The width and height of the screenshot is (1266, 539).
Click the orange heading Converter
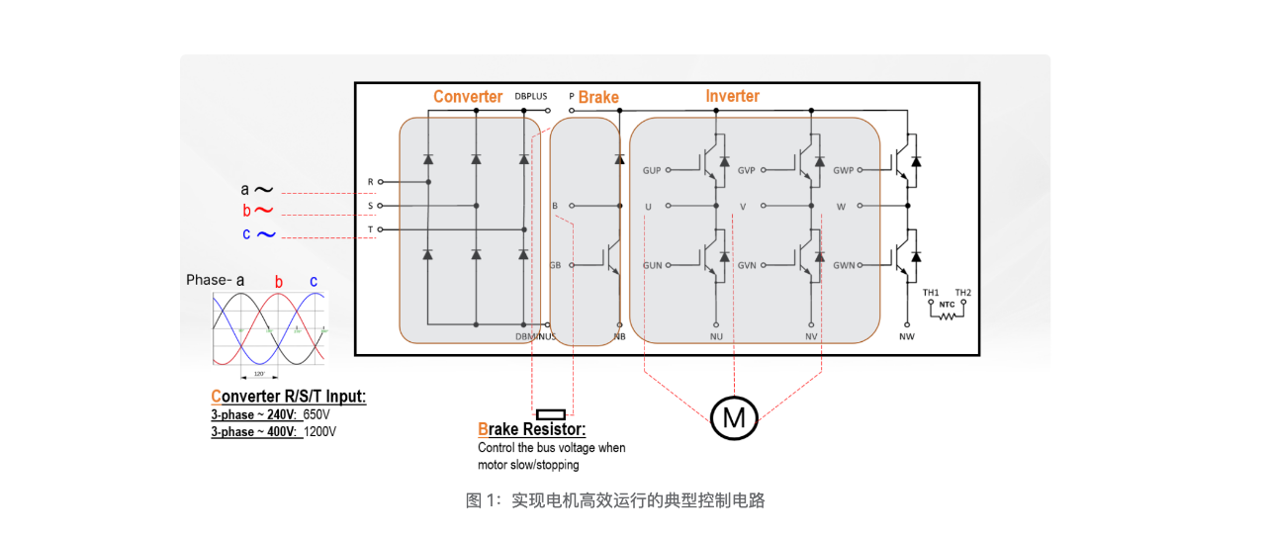click(x=468, y=97)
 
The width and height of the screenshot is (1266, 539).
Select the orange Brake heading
click(x=598, y=97)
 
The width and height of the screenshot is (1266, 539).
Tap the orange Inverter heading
click(x=732, y=96)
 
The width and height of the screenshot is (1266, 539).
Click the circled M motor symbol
click(x=734, y=417)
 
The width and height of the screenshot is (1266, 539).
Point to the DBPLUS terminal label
click(x=530, y=96)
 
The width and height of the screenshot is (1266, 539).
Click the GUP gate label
click(x=652, y=170)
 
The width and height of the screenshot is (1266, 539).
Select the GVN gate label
click(x=747, y=265)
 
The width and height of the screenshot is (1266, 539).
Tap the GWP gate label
click(x=844, y=170)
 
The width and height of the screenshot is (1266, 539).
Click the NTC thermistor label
click(x=947, y=304)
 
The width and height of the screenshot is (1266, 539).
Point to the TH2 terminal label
click(x=962, y=293)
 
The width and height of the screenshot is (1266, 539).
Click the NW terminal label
click(x=906, y=336)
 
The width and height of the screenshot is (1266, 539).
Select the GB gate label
click(x=555, y=265)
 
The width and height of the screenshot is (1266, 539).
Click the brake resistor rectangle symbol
click(x=550, y=413)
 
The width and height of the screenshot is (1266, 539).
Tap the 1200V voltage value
click(x=319, y=432)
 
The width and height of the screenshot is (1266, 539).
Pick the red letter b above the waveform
click(x=279, y=282)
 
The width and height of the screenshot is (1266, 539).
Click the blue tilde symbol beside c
click(x=266, y=234)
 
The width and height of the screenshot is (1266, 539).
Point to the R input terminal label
click(x=371, y=182)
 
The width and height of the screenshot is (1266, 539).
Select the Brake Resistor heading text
click(x=531, y=430)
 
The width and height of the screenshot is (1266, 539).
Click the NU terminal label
click(x=715, y=336)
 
